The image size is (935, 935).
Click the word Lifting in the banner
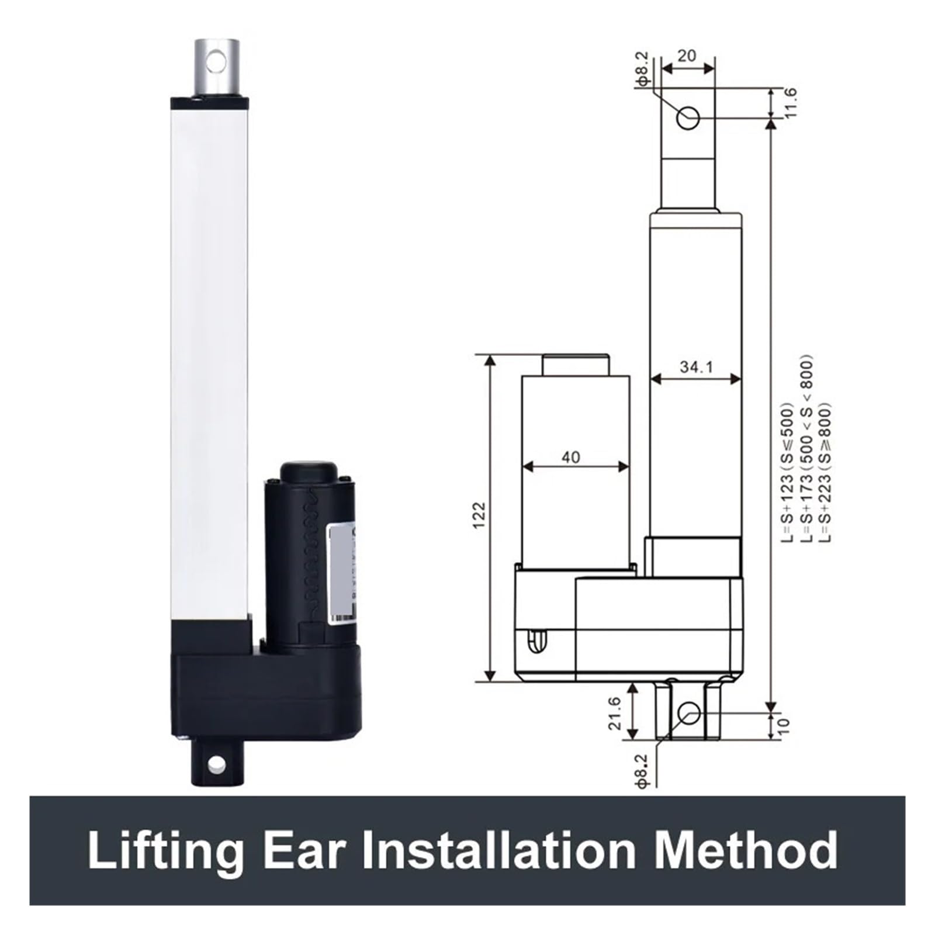tap(165, 851)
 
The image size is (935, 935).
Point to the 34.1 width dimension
tap(696, 367)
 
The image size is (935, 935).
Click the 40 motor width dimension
tap(570, 456)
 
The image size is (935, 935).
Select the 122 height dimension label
tap(479, 515)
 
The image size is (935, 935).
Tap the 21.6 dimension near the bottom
tap(614, 713)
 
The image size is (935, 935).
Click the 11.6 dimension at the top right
tap(790, 103)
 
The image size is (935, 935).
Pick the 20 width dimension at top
tap(687, 56)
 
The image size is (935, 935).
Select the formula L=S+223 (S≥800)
tap(824, 472)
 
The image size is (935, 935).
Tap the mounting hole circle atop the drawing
tap(688, 117)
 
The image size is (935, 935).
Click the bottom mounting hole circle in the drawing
tap(689, 713)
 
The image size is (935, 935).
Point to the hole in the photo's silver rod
tap(216, 61)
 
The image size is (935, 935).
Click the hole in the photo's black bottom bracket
tap(216, 763)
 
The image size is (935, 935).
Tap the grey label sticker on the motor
tap(341, 573)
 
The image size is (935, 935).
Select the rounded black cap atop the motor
tap(309, 472)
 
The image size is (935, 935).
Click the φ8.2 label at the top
tap(642, 70)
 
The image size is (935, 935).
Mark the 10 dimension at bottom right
tap(784, 725)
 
